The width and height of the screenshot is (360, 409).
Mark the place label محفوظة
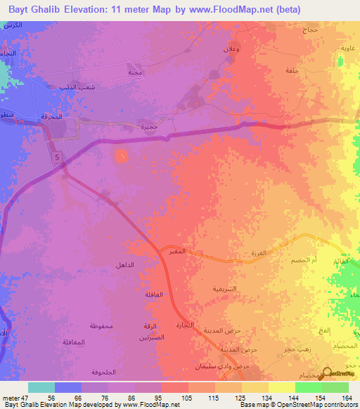click(x=102, y=326)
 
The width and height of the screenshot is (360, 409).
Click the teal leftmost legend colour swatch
click(x=41, y=387)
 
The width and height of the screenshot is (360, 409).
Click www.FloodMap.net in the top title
click(x=231, y=9)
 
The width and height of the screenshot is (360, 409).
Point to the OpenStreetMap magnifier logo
click(x=326, y=372)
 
